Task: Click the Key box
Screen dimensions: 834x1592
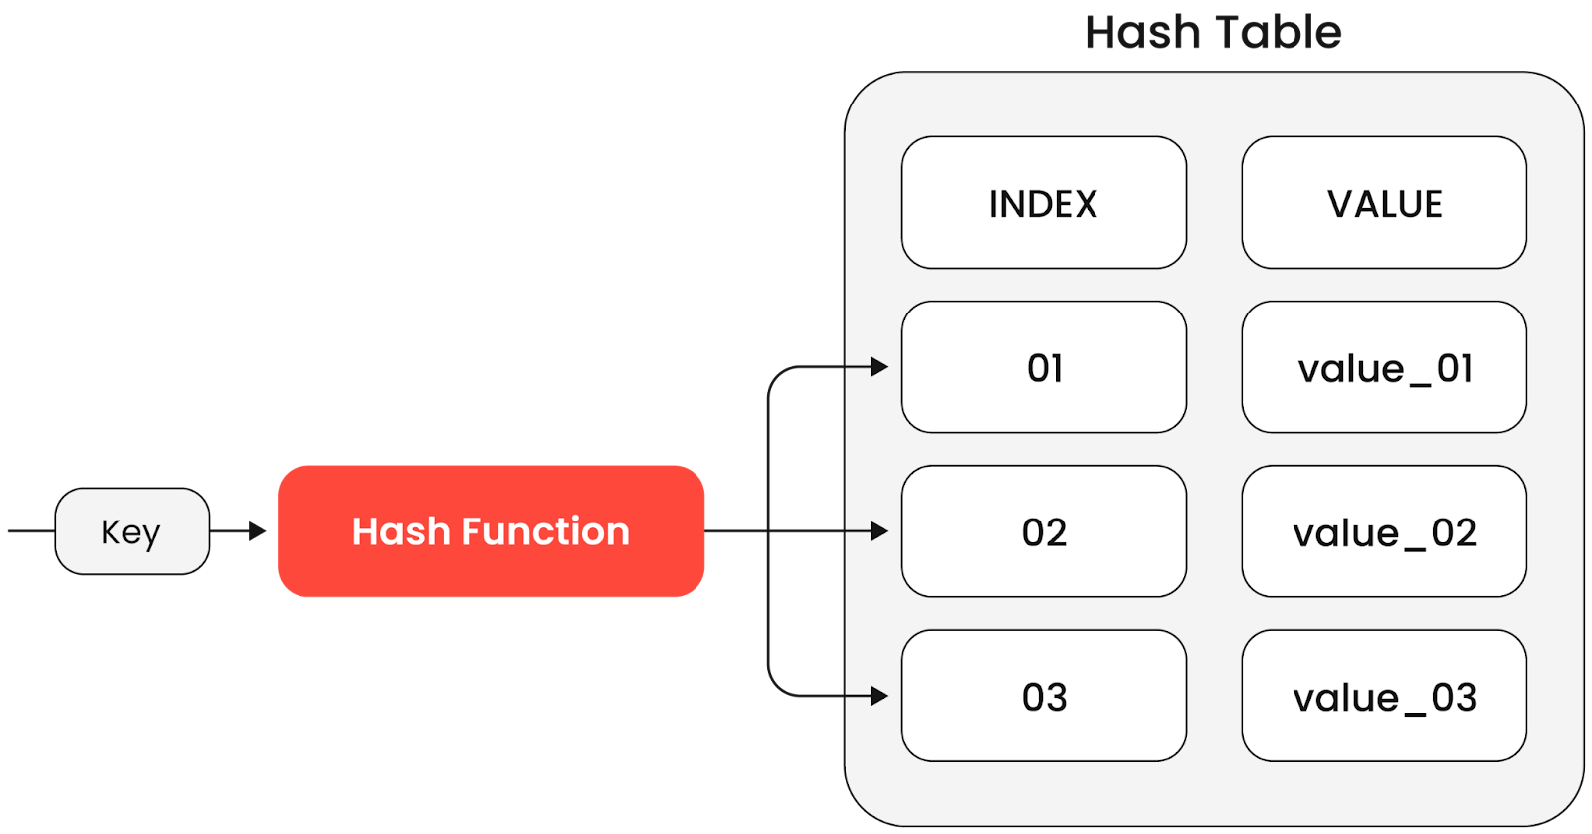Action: (x=131, y=531)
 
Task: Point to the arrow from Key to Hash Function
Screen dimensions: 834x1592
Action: (x=239, y=531)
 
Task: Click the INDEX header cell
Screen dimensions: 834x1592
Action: (x=1043, y=203)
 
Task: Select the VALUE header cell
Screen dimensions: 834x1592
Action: (x=1383, y=203)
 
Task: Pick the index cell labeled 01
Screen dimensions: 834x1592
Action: (x=1043, y=367)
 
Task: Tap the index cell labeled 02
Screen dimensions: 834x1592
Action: (x=1043, y=531)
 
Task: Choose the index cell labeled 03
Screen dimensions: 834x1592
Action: (x=1043, y=696)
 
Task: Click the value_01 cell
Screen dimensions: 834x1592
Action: (x=1383, y=367)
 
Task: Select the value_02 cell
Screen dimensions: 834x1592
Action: (x=1383, y=531)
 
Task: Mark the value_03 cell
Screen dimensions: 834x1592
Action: (x=1383, y=696)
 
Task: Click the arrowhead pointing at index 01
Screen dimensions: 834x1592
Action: (x=879, y=367)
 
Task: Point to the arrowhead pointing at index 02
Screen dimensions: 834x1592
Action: (x=879, y=531)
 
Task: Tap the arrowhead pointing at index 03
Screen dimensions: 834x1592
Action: (x=879, y=696)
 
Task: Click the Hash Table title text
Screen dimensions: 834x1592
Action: (x=1212, y=33)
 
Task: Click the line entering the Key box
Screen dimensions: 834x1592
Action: (x=30, y=531)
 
